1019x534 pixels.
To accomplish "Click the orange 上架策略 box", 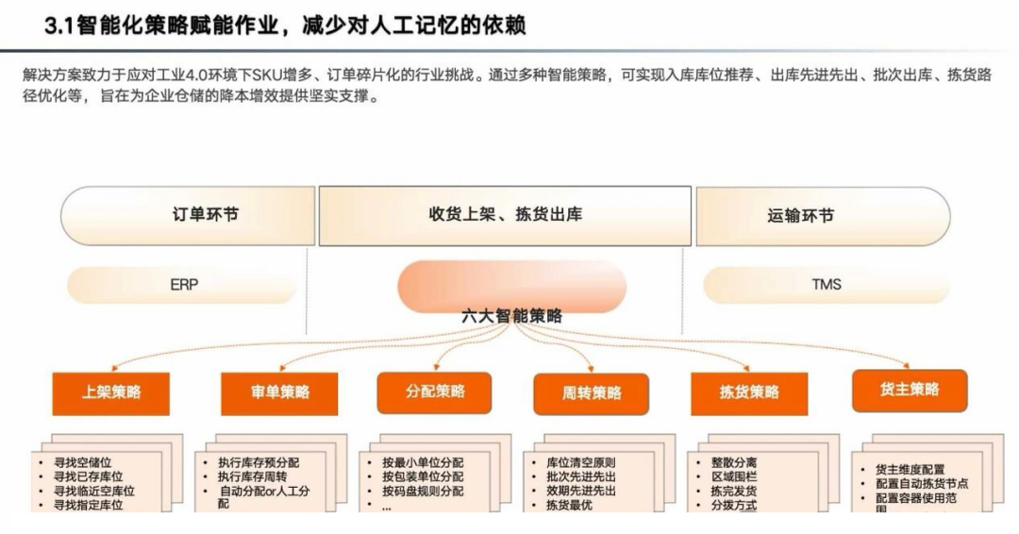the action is point(111,391).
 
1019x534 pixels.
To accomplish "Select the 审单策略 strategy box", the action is point(280,391).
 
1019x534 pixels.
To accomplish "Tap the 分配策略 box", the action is point(435,392).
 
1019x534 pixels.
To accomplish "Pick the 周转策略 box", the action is point(592,393).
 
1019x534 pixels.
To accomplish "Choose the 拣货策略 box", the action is point(749,392).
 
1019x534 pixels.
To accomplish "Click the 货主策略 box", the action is point(910,390).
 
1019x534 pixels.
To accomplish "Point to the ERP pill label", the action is point(184,284).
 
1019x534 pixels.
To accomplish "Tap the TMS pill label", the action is point(827,284).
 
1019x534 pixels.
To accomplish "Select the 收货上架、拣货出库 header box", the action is point(506,214).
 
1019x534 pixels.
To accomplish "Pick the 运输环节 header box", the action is point(800,215).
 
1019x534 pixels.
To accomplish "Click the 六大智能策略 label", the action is point(512,316).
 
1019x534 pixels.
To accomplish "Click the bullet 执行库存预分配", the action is point(258,463).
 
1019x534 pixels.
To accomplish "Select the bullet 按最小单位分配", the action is point(423,463).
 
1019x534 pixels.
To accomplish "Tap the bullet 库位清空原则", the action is point(580,463).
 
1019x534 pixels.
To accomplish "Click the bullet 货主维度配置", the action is point(910,469).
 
